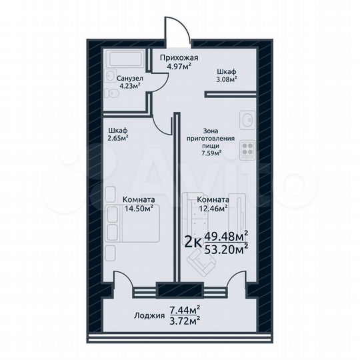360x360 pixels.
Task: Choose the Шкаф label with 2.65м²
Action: point(117,131)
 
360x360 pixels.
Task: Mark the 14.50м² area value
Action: point(139,207)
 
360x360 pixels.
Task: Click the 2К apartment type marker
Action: point(191,242)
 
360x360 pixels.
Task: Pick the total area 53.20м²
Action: point(227,249)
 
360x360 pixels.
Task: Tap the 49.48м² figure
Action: point(227,235)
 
